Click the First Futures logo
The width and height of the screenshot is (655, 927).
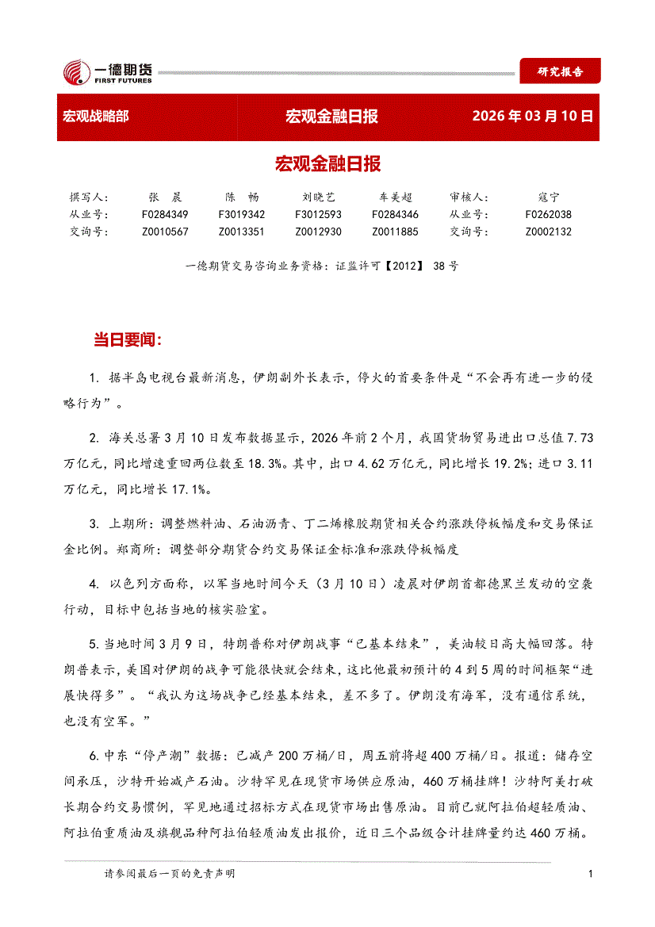tap(107, 71)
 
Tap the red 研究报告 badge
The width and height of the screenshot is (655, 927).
tap(560, 71)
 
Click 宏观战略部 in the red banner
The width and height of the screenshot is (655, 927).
tap(95, 117)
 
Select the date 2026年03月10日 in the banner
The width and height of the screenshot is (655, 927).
tap(532, 117)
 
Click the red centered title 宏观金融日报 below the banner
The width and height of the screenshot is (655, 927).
tap(327, 164)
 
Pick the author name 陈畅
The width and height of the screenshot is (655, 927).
tap(242, 197)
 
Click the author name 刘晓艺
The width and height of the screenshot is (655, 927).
tap(319, 197)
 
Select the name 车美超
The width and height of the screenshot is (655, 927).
tap(395, 197)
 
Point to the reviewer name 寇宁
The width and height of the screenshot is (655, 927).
tap(548, 197)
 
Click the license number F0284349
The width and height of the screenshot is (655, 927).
tap(165, 214)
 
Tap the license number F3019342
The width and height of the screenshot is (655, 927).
tap(242, 214)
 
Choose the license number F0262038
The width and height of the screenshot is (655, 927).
tap(548, 214)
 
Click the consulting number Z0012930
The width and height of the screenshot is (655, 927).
tap(319, 232)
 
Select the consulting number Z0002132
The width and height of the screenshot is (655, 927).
tap(548, 232)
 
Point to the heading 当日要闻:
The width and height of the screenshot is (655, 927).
tap(128, 340)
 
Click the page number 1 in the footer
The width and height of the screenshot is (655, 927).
tap(591, 874)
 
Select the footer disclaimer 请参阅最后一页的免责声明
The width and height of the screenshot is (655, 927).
tap(170, 874)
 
